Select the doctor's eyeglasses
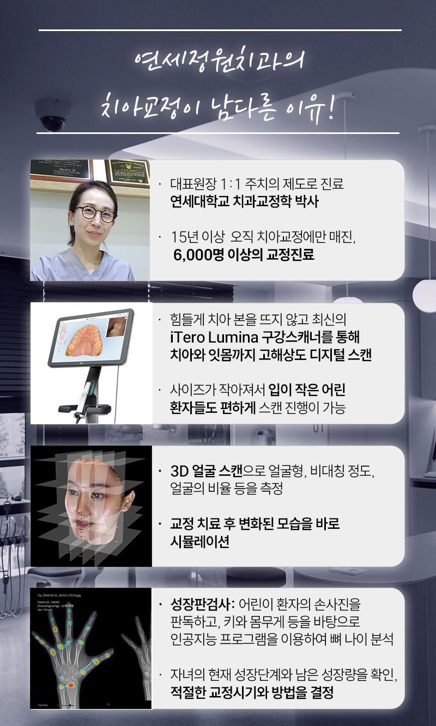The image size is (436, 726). (x=95, y=213)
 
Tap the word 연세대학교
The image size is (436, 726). (x=192, y=202)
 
